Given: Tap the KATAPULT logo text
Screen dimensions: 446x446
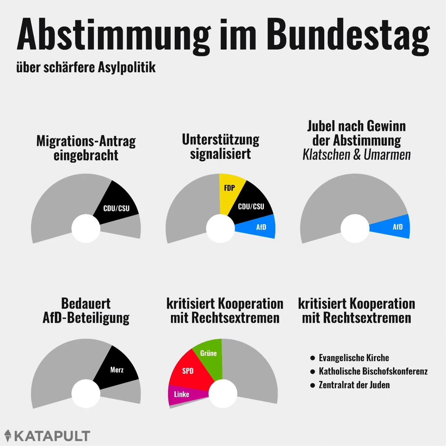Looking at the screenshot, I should (x=52, y=436).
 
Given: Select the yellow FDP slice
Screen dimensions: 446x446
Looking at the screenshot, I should (x=230, y=192).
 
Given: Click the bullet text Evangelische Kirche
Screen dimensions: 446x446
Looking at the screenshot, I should (x=354, y=358).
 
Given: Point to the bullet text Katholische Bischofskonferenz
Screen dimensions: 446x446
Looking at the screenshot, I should (x=373, y=371).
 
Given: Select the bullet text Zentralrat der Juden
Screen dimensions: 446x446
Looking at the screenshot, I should (x=354, y=385).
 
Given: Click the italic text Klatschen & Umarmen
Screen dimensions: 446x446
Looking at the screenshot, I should (x=356, y=155).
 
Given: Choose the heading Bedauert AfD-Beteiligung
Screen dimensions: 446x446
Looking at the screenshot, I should (x=86, y=311).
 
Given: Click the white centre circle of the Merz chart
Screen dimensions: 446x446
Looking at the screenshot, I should (x=86, y=394).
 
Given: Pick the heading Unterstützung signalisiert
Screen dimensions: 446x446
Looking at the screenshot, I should (x=221, y=146).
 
